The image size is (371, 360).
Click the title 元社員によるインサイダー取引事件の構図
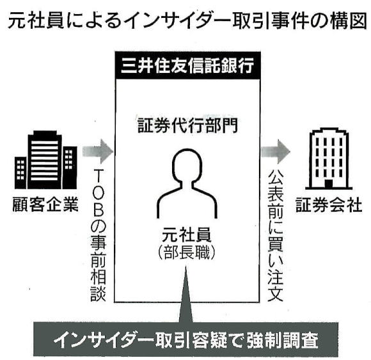click(187, 22)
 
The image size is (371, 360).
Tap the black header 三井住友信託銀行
click(187, 65)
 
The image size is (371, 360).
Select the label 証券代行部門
click(187, 125)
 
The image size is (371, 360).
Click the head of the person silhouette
click(187, 164)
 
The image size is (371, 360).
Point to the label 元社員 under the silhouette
click(186, 235)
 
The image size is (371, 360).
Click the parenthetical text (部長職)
click(186, 253)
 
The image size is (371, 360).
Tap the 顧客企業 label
click(45, 205)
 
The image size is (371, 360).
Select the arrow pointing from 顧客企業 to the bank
click(98, 152)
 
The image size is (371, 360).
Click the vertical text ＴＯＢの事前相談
click(99, 235)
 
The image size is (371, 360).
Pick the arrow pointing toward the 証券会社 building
click(276, 152)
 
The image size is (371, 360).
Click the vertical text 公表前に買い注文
click(275, 235)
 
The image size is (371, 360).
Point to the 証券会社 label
click(329, 205)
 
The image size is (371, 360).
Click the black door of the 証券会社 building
click(328, 184)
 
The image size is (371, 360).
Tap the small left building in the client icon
click(20, 173)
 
